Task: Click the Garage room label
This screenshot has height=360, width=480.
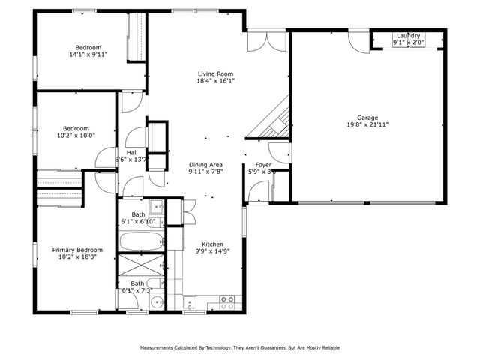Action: coord(367,118)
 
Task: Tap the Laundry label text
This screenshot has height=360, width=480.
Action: coord(408,35)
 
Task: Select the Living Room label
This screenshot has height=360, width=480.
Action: coord(215,73)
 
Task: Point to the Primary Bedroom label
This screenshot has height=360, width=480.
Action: coord(77,250)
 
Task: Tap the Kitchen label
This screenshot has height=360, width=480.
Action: coord(211,243)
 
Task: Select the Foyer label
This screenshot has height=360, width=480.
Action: coord(263,164)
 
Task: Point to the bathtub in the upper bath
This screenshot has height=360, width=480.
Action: coord(141,242)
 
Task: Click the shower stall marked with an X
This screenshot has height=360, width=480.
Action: coord(140,266)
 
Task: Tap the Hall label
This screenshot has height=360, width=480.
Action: coord(131,152)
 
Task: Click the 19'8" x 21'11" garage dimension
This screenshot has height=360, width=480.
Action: coord(367,125)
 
